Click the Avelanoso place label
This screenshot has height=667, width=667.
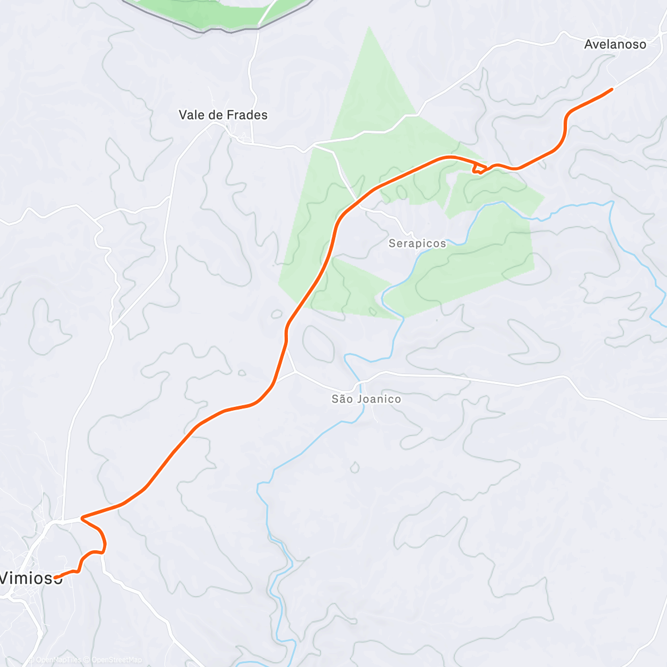tap(615, 44)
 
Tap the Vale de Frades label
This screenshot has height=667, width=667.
tap(223, 115)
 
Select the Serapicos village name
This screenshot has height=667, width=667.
tap(417, 243)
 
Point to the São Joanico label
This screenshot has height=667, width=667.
tap(366, 399)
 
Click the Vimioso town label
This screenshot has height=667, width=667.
tap(31, 578)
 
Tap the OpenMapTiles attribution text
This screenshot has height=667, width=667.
tap(58, 660)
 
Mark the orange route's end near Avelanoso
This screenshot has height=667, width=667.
tap(612, 89)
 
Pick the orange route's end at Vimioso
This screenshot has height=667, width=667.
tap(56, 577)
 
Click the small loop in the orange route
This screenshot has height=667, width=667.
tap(479, 168)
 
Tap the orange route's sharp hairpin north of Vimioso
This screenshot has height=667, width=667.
tap(82, 518)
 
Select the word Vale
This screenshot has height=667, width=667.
tap(190, 115)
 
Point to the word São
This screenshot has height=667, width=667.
tap(341, 399)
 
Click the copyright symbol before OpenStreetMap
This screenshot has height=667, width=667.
tap(86, 660)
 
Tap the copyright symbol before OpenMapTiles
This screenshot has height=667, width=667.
tap(32, 660)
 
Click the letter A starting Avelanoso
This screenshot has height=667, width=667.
tap(589, 44)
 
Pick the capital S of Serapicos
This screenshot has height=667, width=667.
tap(392, 243)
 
